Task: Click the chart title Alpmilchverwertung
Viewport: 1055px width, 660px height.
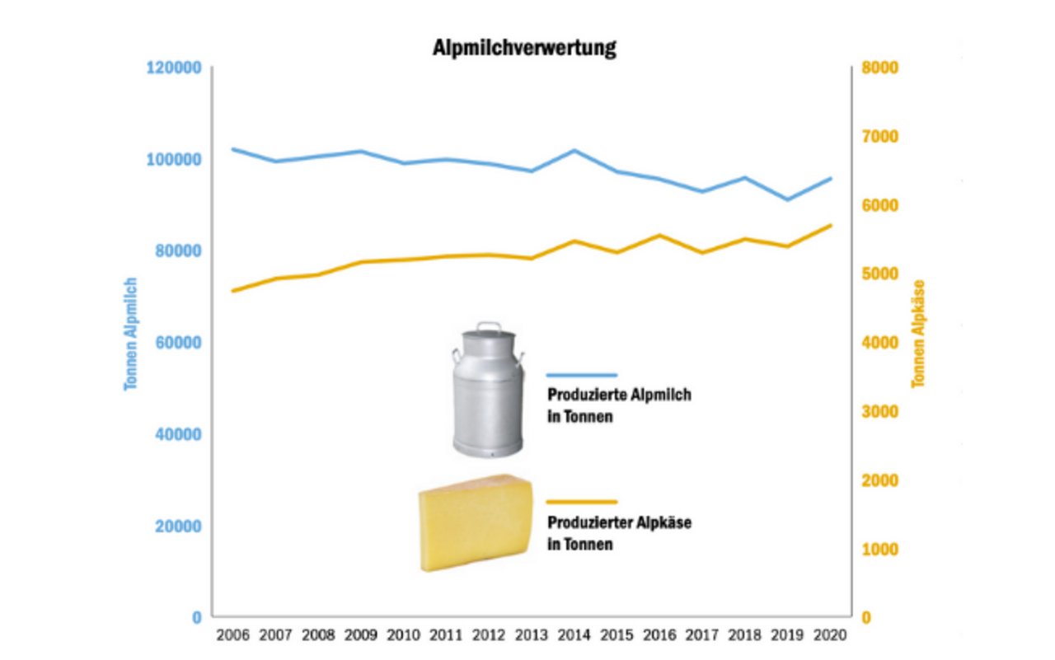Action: pos(524,49)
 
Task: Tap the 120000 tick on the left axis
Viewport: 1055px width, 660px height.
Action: pos(175,68)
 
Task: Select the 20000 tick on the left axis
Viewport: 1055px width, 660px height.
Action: pos(179,526)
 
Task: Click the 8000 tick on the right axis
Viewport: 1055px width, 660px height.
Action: pos(879,68)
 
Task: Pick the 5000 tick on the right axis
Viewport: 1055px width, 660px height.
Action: pos(879,274)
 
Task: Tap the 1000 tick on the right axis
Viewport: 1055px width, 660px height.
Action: pos(879,549)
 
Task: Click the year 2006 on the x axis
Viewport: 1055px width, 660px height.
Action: pos(232,636)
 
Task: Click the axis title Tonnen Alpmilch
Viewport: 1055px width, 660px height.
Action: pos(130,334)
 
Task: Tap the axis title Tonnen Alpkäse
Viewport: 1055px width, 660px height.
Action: pos(919,334)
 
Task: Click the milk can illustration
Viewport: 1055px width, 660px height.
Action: pos(488,391)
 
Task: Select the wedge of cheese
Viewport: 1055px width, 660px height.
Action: pos(475,522)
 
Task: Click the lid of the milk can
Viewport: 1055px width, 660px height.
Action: pos(488,334)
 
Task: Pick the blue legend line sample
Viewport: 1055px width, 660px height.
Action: pos(581,375)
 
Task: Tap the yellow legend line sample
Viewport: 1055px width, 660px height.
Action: pos(581,501)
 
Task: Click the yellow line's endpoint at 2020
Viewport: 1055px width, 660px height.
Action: pos(831,225)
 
